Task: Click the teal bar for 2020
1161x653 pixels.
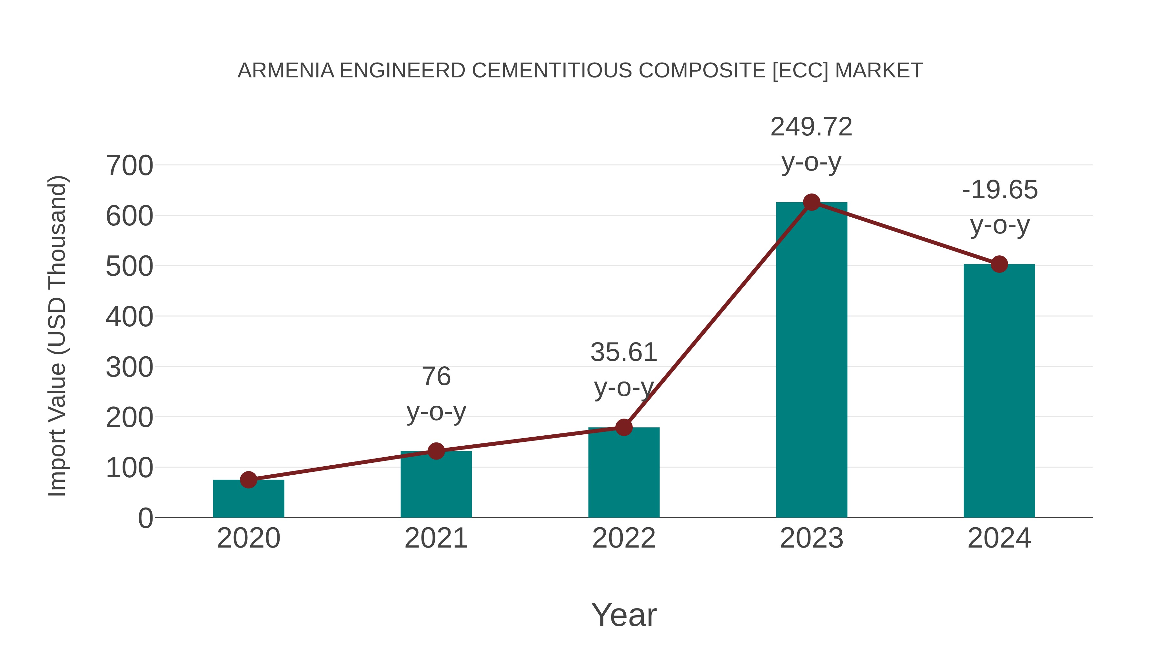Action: tap(248, 499)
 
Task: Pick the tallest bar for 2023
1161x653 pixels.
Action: tap(811, 361)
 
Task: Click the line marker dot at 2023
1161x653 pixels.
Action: tap(811, 202)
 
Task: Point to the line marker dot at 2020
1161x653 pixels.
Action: tap(248, 480)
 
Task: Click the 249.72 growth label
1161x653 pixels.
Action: tap(811, 127)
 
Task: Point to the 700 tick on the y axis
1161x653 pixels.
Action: tap(129, 166)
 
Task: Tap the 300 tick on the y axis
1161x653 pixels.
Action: tap(129, 367)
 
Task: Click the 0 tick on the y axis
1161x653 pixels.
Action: tap(145, 518)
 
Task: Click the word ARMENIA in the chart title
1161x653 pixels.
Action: tap(286, 71)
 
